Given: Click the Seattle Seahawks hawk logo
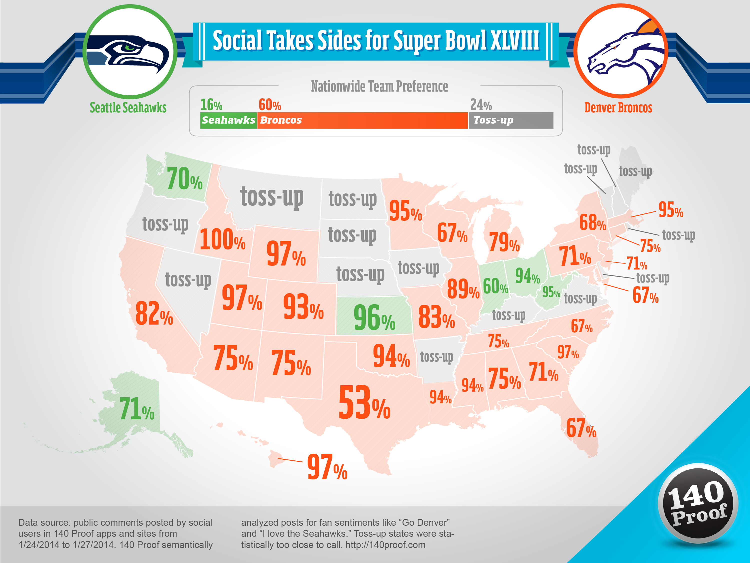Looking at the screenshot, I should coord(129,53).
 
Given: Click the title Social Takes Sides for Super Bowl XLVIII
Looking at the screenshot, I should coord(376,41).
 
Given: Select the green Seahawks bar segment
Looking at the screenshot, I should coord(228,120).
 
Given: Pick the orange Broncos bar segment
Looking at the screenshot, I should coord(362,120).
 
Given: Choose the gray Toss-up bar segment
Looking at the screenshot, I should coord(510,120).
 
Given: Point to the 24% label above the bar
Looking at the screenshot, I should coord(480,105).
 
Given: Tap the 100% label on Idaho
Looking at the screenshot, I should coord(222,240).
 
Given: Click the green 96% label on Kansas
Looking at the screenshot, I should coord(374,318).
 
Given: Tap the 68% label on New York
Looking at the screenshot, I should coord(592,223).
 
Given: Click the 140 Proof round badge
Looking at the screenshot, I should coord(697,503).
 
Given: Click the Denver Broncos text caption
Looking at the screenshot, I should coord(618,108).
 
